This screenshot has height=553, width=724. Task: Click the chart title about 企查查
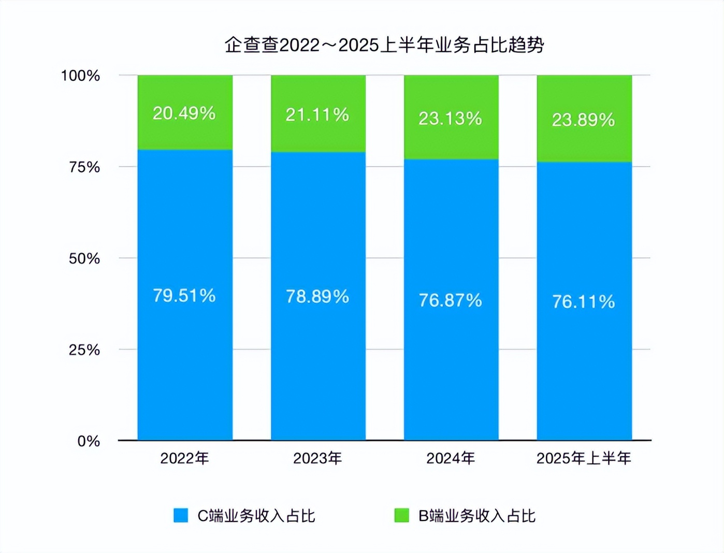pyautogui.click(x=384, y=45)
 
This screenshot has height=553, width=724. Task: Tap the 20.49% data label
pyautogui.click(x=184, y=113)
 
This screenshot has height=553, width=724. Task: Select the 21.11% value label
pyautogui.click(x=317, y=115)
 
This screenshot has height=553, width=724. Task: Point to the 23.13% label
pyautogui.click(x=450, y=119)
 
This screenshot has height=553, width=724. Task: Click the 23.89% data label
pyautogui.click(x=583, y=120)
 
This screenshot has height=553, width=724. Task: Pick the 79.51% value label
pyautogui.click(x=184, y=296)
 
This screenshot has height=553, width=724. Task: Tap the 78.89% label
pyautogui.click(x=317, y=297)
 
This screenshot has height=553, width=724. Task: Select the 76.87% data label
pyautogui.click(x=450, y=300)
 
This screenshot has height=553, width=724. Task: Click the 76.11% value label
pyautogui.click(x=583, y=302)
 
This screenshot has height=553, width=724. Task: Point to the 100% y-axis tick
pyautogui.click(x=80, y=76)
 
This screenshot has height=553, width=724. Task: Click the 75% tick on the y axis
pyautogui.click(x=84, y=167)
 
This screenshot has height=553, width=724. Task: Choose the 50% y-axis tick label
pyautogui.click(x=84, y=258)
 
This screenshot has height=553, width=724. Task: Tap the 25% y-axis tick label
pyautogui.click(x=84, y=350)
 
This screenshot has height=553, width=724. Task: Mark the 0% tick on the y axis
pyautogui.click(x=89, y=441)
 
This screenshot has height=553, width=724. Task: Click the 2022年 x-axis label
pyautogui.click(x=184, y=458)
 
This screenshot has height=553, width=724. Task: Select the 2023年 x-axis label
pyautogui.click(x=317, y=458)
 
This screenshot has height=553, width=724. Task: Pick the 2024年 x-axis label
pyautogui.click(x=451, y=458)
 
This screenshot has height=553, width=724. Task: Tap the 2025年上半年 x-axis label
pyautogui.click(x=584, y=458)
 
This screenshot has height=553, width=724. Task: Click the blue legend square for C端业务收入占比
pyautogui.click(x=181, y=516)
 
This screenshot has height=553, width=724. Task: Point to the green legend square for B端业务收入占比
pyautogui.click(x=401, y=516)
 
